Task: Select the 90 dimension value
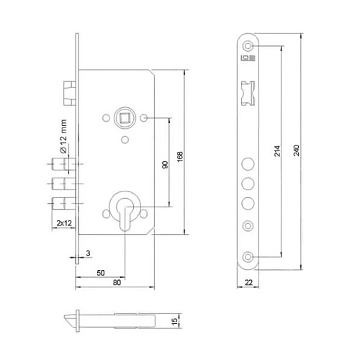[x=165, y=165]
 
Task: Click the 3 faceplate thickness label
[x=87, y=253]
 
